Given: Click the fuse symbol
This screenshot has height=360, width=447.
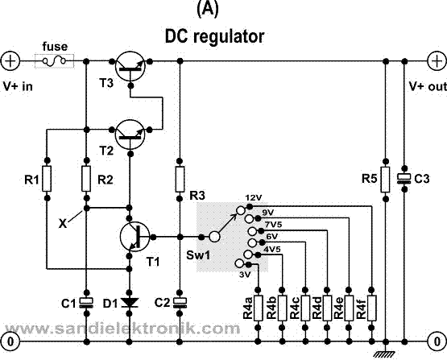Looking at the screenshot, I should point(55,60).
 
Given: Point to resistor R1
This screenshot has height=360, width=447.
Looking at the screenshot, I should point(47,179).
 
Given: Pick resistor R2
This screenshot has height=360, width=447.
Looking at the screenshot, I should point(85,179).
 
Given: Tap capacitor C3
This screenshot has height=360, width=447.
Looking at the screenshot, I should point(407,178).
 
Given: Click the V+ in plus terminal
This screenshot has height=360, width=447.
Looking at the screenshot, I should point(11,60).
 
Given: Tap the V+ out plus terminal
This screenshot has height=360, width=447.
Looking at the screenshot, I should point(436,60).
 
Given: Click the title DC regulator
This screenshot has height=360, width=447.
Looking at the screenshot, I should point(214,36).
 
